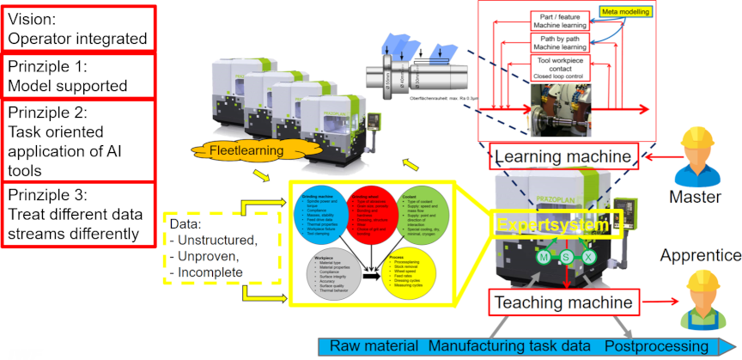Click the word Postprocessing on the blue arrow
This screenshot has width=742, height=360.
pos(658,345)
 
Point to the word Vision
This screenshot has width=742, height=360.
pos(31,18)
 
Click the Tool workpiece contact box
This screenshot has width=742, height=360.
pos(561,73)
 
